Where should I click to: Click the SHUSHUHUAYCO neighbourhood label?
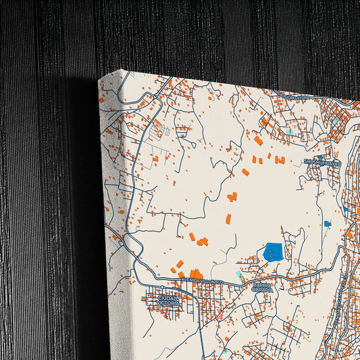323,162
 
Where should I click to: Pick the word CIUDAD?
168,297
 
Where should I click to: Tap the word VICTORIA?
168,303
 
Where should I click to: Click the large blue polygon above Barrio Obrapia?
274,251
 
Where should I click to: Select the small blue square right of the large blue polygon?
327,224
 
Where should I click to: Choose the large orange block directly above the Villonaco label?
195,273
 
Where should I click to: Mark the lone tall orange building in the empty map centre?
228,219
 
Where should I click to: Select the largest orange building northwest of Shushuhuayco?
258,140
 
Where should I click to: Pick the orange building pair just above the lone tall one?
232,197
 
